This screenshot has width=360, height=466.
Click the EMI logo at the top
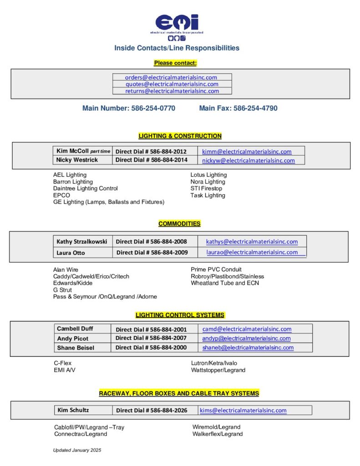coord(177,26)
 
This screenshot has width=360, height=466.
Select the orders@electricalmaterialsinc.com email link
coord(171,77)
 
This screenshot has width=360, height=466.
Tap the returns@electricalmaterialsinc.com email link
coord(172,91)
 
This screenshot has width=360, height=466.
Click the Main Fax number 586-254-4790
coord(238,108)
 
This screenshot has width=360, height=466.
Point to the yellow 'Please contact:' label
coord(175,63)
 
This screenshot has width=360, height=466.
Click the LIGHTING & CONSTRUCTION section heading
coord(180,136)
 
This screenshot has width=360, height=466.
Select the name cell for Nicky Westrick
coord(77,160)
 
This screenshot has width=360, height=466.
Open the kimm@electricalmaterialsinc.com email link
coord(247,152)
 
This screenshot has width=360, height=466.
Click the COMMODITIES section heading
coord(179,224)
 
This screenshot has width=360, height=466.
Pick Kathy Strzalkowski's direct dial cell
coord(151,242)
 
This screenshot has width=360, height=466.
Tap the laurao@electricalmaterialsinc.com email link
coord(252,252)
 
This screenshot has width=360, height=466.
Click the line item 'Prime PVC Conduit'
coord(216,269)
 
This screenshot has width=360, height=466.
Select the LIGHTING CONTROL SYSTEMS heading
coord(180,315)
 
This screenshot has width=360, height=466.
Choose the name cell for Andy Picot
coord(73,339)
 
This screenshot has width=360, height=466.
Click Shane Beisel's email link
coord(248,348)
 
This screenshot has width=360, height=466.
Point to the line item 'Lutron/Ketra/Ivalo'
coord(214,363)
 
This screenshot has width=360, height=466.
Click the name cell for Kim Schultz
coord(73,410)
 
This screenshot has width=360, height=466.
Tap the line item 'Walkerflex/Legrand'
coord(218,434)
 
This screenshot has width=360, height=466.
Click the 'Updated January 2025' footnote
coord(77,450)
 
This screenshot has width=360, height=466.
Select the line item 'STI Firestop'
coord(207,188)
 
